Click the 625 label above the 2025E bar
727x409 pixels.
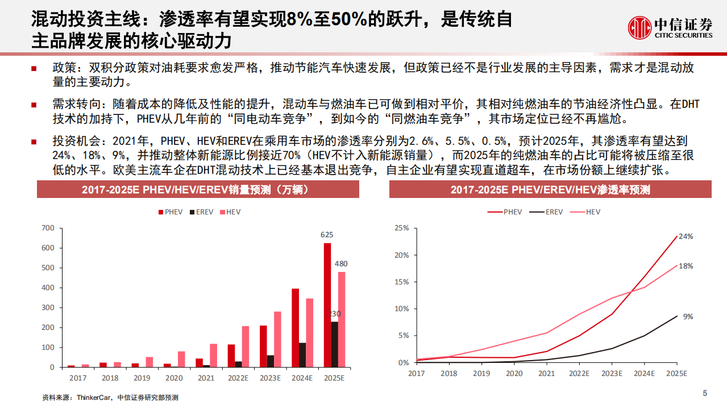(327, 234)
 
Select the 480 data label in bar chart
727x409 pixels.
(342, 263)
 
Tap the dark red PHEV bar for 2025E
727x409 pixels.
(327, 305)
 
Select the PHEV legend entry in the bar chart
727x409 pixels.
(170, 212)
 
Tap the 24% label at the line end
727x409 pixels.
(686, 236)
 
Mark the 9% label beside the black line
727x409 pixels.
(687, 316)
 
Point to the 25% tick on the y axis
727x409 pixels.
(401, 228)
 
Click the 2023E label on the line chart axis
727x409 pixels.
(612, 373)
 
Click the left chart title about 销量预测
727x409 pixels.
(198, 189)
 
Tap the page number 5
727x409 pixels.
(704, 393)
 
